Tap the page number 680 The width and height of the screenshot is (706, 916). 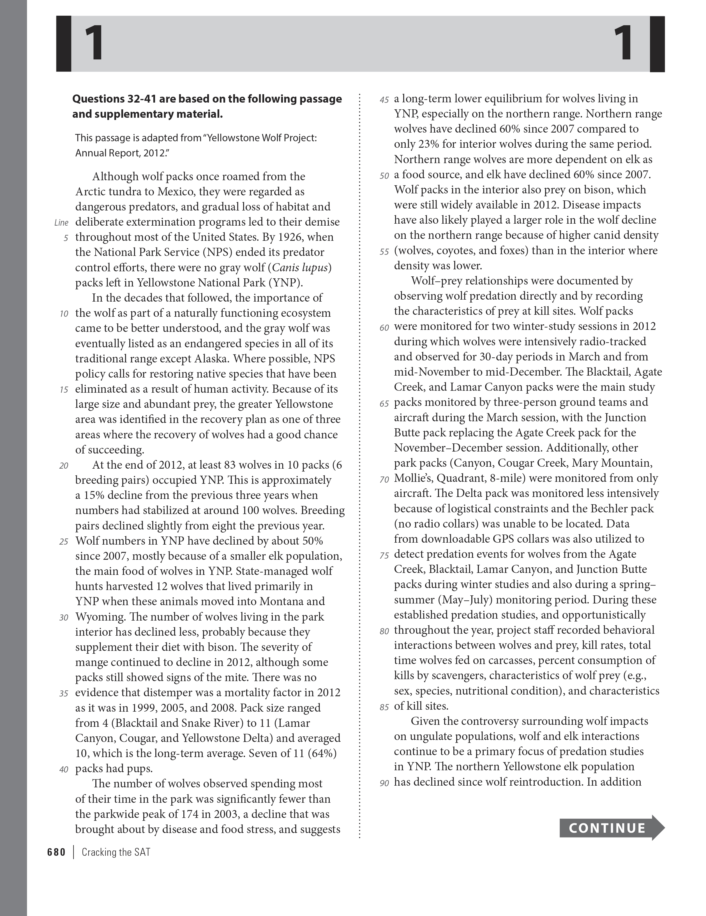56,852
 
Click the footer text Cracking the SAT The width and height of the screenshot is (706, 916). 116,852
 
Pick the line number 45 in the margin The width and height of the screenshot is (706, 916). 384,100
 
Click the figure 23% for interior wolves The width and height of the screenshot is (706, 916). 427,144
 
